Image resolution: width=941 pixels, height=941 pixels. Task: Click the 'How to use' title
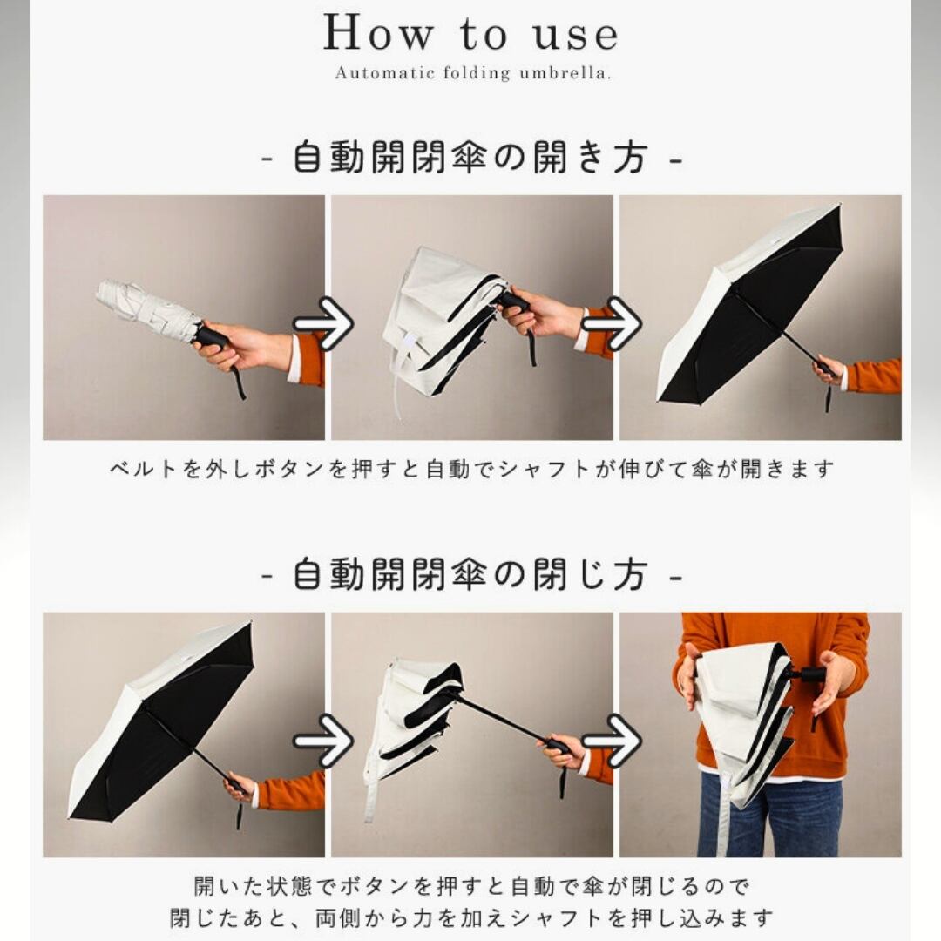click(470, 33)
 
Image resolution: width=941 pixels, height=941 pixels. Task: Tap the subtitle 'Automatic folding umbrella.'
click(473, 73)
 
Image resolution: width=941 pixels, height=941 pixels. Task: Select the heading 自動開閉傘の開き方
click(470, 158)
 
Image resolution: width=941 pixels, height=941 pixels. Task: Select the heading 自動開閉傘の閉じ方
click(470, 574)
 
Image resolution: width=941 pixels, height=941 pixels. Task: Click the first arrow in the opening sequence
click(323, 323)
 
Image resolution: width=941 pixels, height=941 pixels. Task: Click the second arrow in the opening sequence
click(612, 323)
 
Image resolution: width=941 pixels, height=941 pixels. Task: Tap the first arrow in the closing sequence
click(323, 741)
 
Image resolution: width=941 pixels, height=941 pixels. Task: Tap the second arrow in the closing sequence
click(612, 741)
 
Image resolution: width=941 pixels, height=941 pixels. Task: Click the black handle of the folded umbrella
click(211, 337)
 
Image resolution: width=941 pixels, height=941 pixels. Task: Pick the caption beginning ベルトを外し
click(471, 469)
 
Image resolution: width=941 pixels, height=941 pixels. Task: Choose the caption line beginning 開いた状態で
click(471, 886)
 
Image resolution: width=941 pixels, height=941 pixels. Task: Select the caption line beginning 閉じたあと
click(471, 918)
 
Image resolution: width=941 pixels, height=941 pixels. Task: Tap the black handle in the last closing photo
click(811, 675)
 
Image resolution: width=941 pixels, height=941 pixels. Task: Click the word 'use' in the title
click(576, 36)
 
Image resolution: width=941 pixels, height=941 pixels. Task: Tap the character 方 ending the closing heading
click(631, 574)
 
